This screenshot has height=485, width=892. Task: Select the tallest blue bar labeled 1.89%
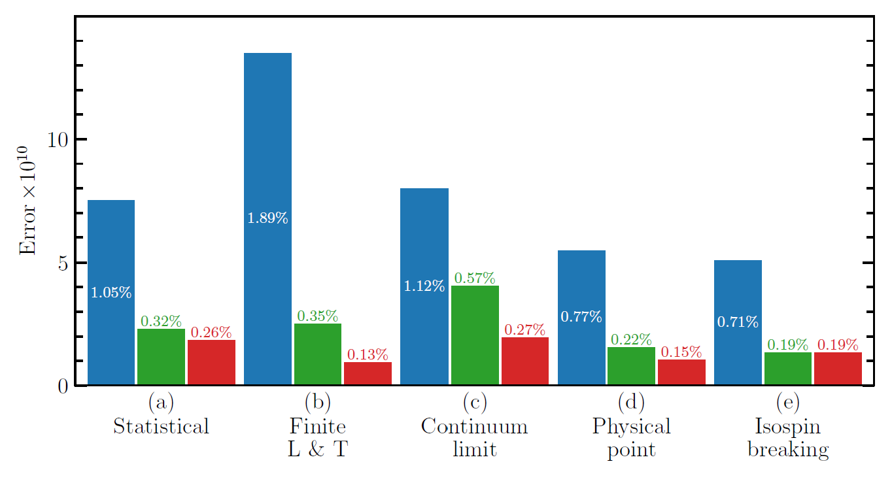(267, 219)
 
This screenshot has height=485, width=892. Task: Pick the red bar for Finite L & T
(368, 374)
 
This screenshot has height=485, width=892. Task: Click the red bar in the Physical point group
(681, 373)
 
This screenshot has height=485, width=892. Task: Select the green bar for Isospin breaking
(788, 369)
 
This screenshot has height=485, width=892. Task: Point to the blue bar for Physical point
(581, 318)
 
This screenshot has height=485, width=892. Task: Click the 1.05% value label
(111, 293)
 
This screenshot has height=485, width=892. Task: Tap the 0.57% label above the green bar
(475, 278)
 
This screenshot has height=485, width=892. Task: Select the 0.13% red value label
(368, 355)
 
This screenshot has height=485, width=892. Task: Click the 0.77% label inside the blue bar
(581, 317)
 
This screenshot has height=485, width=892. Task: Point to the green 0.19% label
(788, 344)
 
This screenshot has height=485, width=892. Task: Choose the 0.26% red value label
(211, 332)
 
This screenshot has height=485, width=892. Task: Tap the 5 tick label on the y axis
(63, 263)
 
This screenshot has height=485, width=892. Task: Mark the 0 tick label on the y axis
(63, 386)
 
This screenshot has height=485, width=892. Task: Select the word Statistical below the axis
(161, 427)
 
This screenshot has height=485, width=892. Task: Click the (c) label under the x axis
(474, 401)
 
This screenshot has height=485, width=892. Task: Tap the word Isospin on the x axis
(788, 427)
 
